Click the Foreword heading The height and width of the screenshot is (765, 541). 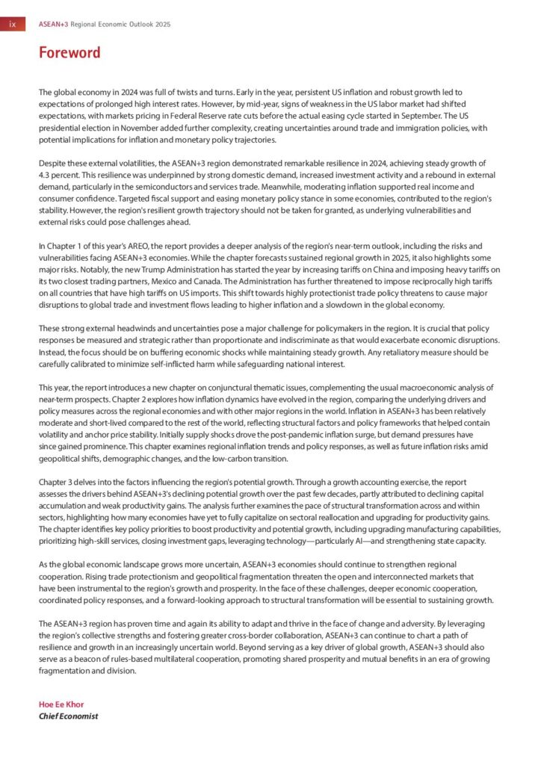(69, 53)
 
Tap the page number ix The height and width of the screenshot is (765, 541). (12, 25)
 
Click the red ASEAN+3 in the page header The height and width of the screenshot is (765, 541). (53, 25)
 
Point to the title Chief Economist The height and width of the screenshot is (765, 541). (68, 716)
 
